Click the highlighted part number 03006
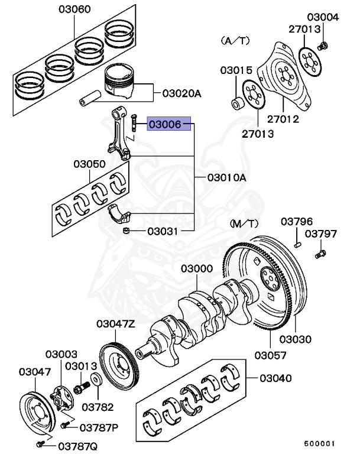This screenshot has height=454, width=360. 169,125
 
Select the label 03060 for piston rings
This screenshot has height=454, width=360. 74,10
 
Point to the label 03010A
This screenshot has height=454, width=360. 226,177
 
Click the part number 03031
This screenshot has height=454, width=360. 163,231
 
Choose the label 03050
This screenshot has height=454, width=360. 90,164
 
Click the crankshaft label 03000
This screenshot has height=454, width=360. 197,269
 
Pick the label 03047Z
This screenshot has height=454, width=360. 116,323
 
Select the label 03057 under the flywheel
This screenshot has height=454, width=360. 271,355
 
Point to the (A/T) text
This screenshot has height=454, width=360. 235,40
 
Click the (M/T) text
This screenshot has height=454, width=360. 245,223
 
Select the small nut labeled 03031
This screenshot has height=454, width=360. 127,230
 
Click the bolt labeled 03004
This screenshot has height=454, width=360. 323,46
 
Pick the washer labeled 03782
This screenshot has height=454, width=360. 94,378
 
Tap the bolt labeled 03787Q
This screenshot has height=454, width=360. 40,442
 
